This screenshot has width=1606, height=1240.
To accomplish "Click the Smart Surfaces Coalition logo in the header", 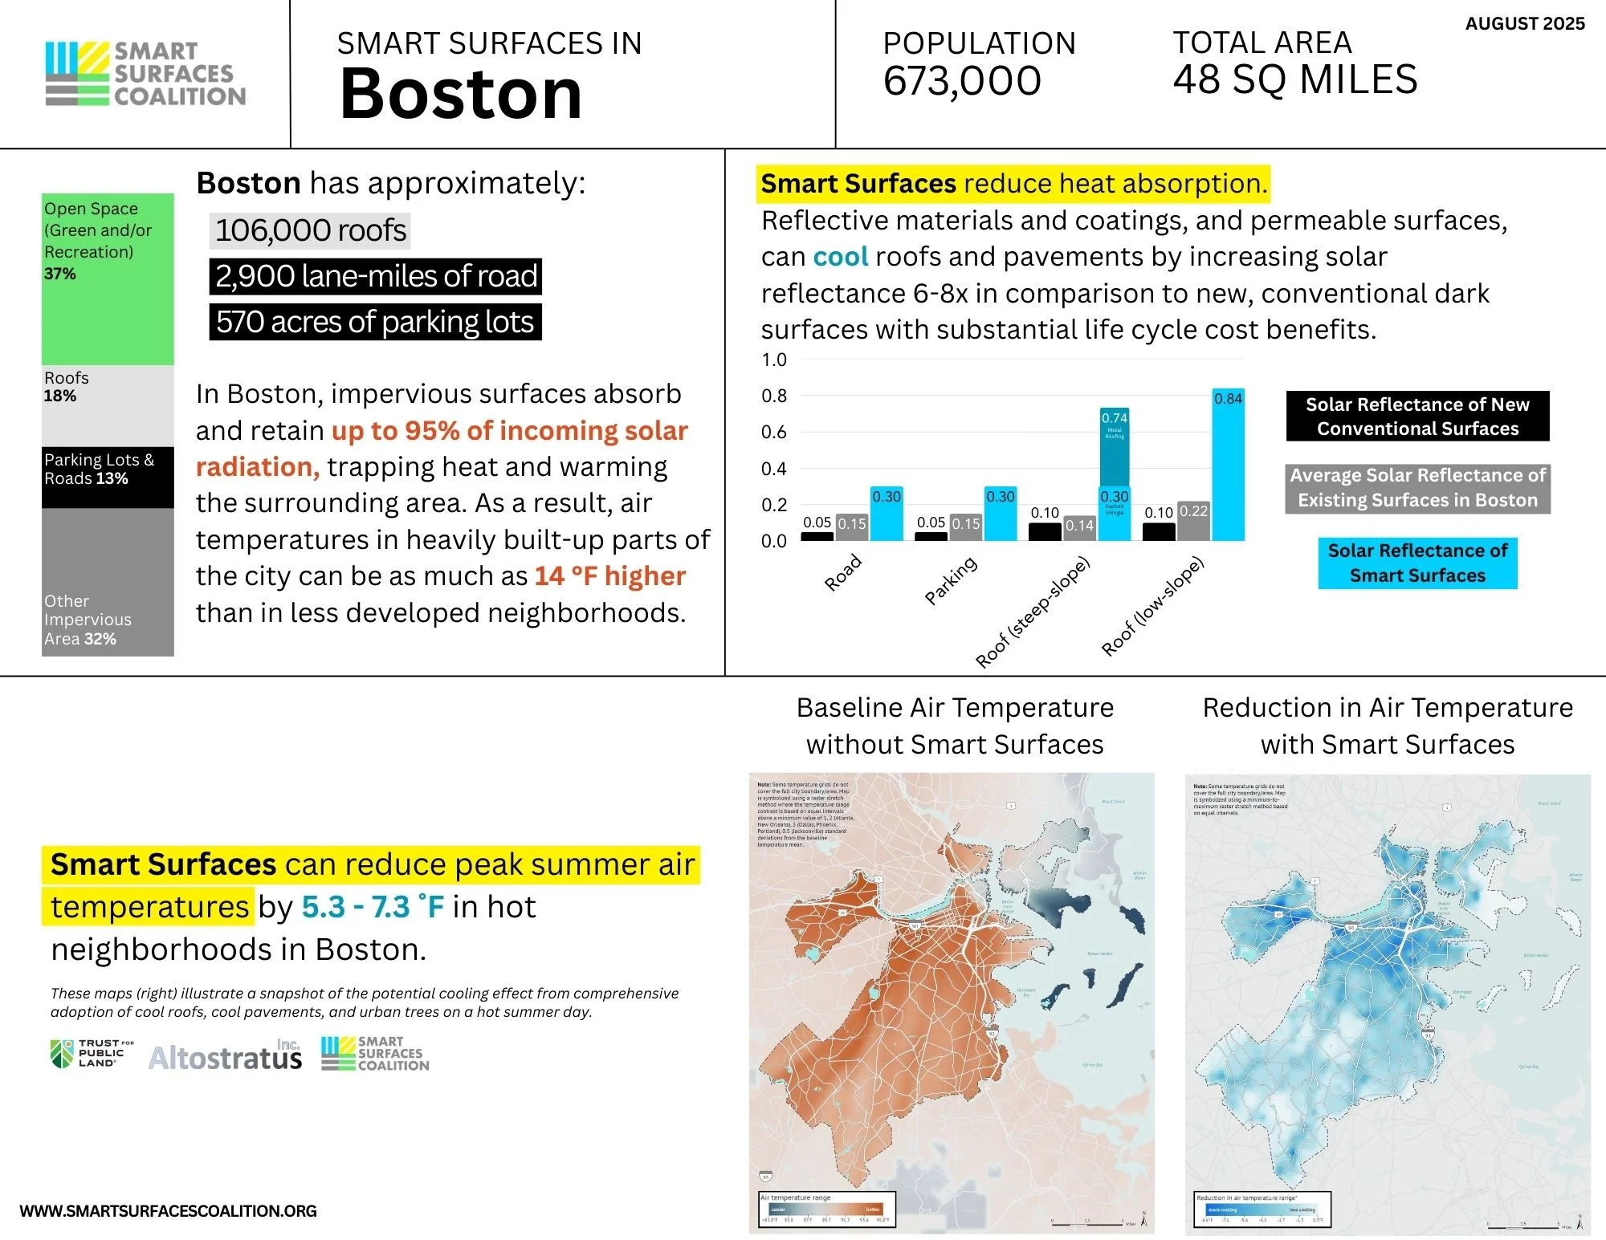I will click(145, 74).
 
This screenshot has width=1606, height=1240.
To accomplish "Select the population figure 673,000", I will click(962, 81).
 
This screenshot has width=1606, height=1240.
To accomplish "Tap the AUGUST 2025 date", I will click(1524, 24).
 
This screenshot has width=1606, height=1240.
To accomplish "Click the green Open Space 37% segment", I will click(108, 278).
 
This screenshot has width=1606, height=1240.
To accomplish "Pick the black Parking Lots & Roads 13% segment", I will click(108, 477).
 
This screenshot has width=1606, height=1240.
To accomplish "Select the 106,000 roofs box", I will click(310, 231).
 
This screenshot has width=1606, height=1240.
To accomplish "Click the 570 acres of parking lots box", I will click(375, 322).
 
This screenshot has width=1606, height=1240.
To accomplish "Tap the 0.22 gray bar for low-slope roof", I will click(1193, 521).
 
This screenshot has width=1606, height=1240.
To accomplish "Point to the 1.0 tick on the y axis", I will click(774, 360).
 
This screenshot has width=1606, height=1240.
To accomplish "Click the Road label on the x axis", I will click(843, 573).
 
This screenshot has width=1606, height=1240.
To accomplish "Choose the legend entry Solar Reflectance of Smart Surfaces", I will click(1417, 563).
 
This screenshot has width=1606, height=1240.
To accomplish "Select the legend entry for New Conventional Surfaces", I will click(1417, 416).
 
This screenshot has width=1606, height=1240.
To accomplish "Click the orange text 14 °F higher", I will click(610, 576).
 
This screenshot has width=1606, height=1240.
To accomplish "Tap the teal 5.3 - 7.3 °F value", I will click(373, 907).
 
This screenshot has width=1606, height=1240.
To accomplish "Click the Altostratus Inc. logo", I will click(226, 1057).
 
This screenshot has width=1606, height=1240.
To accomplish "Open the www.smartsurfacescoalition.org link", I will click(169, 1211).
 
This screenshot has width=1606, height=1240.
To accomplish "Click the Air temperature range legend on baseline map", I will click(826, 1209).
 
